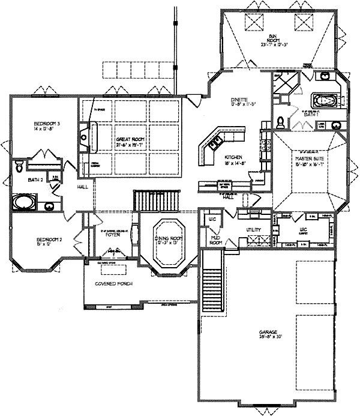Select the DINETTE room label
pos(244,101)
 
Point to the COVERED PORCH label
pos(114,283)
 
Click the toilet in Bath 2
pos(19,164)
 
